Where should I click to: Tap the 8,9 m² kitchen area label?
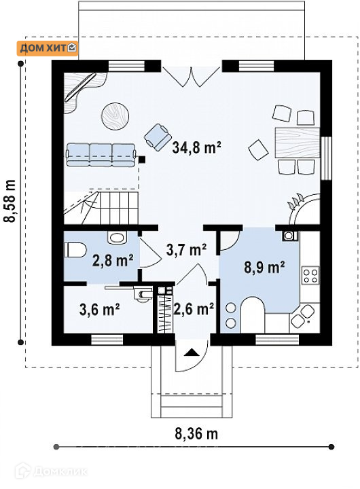click(264, 268)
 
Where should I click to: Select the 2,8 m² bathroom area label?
click(113, 260)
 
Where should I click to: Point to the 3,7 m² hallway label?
click(186, 249)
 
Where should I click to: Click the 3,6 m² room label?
click(100, 309)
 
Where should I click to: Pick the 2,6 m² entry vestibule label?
click(194, 309)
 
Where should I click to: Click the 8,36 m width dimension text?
click(196, 433)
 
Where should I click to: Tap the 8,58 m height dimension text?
click(10, 201)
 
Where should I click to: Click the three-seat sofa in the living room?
click(101, 154)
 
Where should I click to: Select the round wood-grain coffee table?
click(115, 115)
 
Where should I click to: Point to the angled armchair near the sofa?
click(158, 137)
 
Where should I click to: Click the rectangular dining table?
click(298, 143)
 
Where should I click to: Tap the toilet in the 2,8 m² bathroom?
click(75, 250)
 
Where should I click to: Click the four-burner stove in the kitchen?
click(310, 275)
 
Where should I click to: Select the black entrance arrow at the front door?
click(191, 352)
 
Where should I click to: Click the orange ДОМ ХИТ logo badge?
click(47, 48)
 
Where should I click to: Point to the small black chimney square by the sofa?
click(142, 160)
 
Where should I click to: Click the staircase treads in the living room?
click(119, 208)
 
